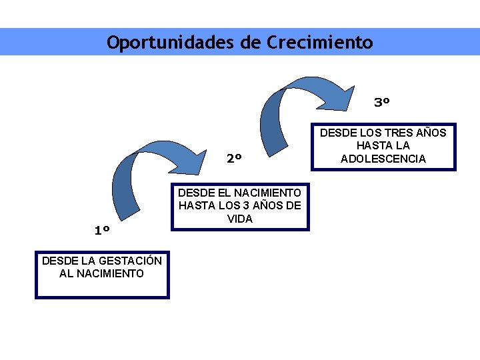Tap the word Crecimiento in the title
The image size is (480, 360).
click(x=320, y=43)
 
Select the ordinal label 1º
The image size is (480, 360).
click(x=102, y=231)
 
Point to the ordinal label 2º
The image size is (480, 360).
click(x=234, y=159)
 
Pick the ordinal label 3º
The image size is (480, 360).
click(x=382, y=103)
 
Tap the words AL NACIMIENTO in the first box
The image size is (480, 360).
click(x=101, y=273)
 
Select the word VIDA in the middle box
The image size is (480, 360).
click(x=240, y=218)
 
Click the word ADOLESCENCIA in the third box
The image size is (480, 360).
click(x=383, y=158)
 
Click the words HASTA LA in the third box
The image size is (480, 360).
click(x=383, y=145)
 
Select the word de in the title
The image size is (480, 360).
click(x=252, y=43)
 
